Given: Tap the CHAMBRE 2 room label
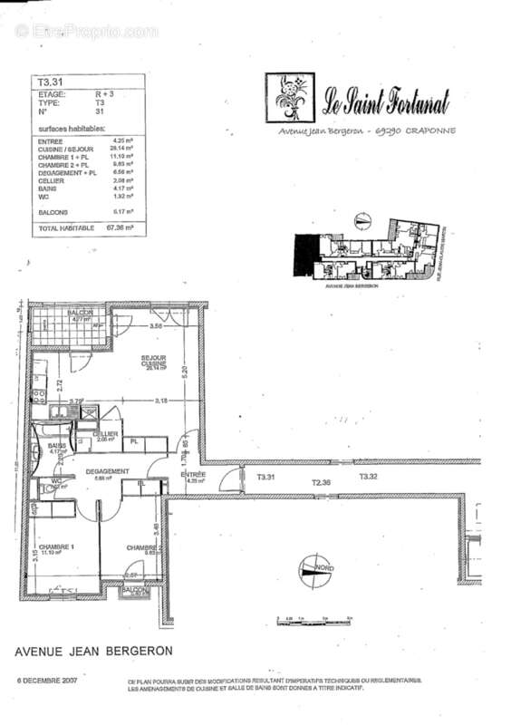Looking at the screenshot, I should (x=144, y=548).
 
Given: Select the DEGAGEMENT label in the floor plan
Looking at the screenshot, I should (x=107, y=471).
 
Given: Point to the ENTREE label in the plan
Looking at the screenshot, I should (x=192, y=475).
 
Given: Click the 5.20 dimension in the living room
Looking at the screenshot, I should (x=185, y=372).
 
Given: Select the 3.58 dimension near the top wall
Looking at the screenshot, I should (x=156, y=325).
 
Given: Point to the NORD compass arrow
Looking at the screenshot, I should (x=313, y=568).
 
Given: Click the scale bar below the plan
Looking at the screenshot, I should (x=313, y=620).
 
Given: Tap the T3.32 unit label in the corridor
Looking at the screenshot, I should (x=368, y=476).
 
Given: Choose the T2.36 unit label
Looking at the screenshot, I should (x=322, y=482).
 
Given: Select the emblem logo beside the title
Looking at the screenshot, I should (x=291, y=100).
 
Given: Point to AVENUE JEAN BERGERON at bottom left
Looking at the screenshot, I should (x=93, y=651).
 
